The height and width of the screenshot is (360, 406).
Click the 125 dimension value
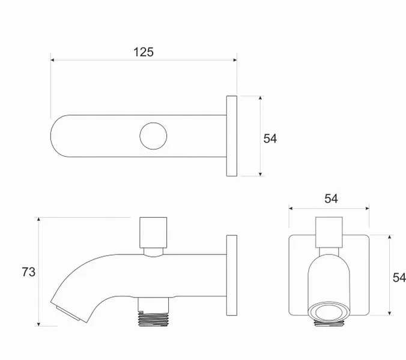(144, 52)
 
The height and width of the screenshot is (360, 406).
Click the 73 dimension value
(28, 272)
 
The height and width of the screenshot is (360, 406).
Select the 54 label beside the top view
(270, 139)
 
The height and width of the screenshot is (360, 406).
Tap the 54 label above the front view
(331, 199)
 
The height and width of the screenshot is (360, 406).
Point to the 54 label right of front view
(399, 277)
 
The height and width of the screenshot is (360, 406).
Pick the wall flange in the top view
(232, 136)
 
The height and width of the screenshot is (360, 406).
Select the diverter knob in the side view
(153, 233)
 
